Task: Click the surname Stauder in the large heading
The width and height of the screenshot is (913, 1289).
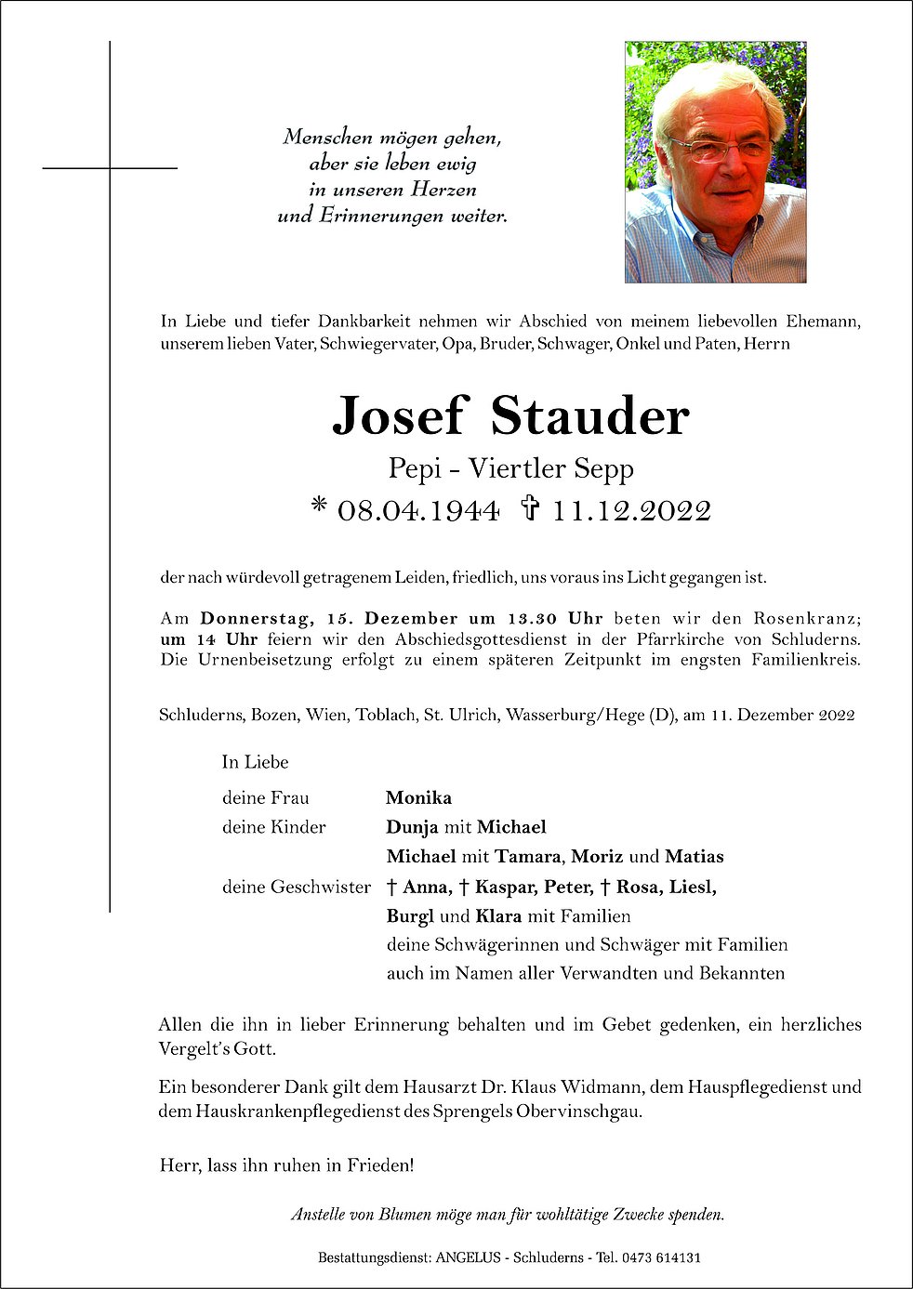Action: click(x=589, y=415)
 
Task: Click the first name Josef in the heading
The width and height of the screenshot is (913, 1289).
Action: click(x=397, y=415)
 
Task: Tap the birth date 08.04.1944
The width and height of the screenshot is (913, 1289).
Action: click(x=418, y=510)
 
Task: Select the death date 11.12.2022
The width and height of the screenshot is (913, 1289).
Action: click(x=631, y=510)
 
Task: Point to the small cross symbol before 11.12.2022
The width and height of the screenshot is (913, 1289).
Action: click(x=530, y=508)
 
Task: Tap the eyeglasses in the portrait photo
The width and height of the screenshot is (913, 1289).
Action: click(x=718, y=148)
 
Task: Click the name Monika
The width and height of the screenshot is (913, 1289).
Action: click(x=418, y=797)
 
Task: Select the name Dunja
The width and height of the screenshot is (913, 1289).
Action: click(x=412, y=827)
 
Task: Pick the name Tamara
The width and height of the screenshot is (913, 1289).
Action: click(x=527, y=856)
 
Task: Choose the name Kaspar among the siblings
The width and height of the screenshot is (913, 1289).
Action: click(x=505, y=887)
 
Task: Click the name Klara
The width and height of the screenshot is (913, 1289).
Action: click(x=498, y=915)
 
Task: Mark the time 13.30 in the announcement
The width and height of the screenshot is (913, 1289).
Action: click(x=532, y=618)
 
